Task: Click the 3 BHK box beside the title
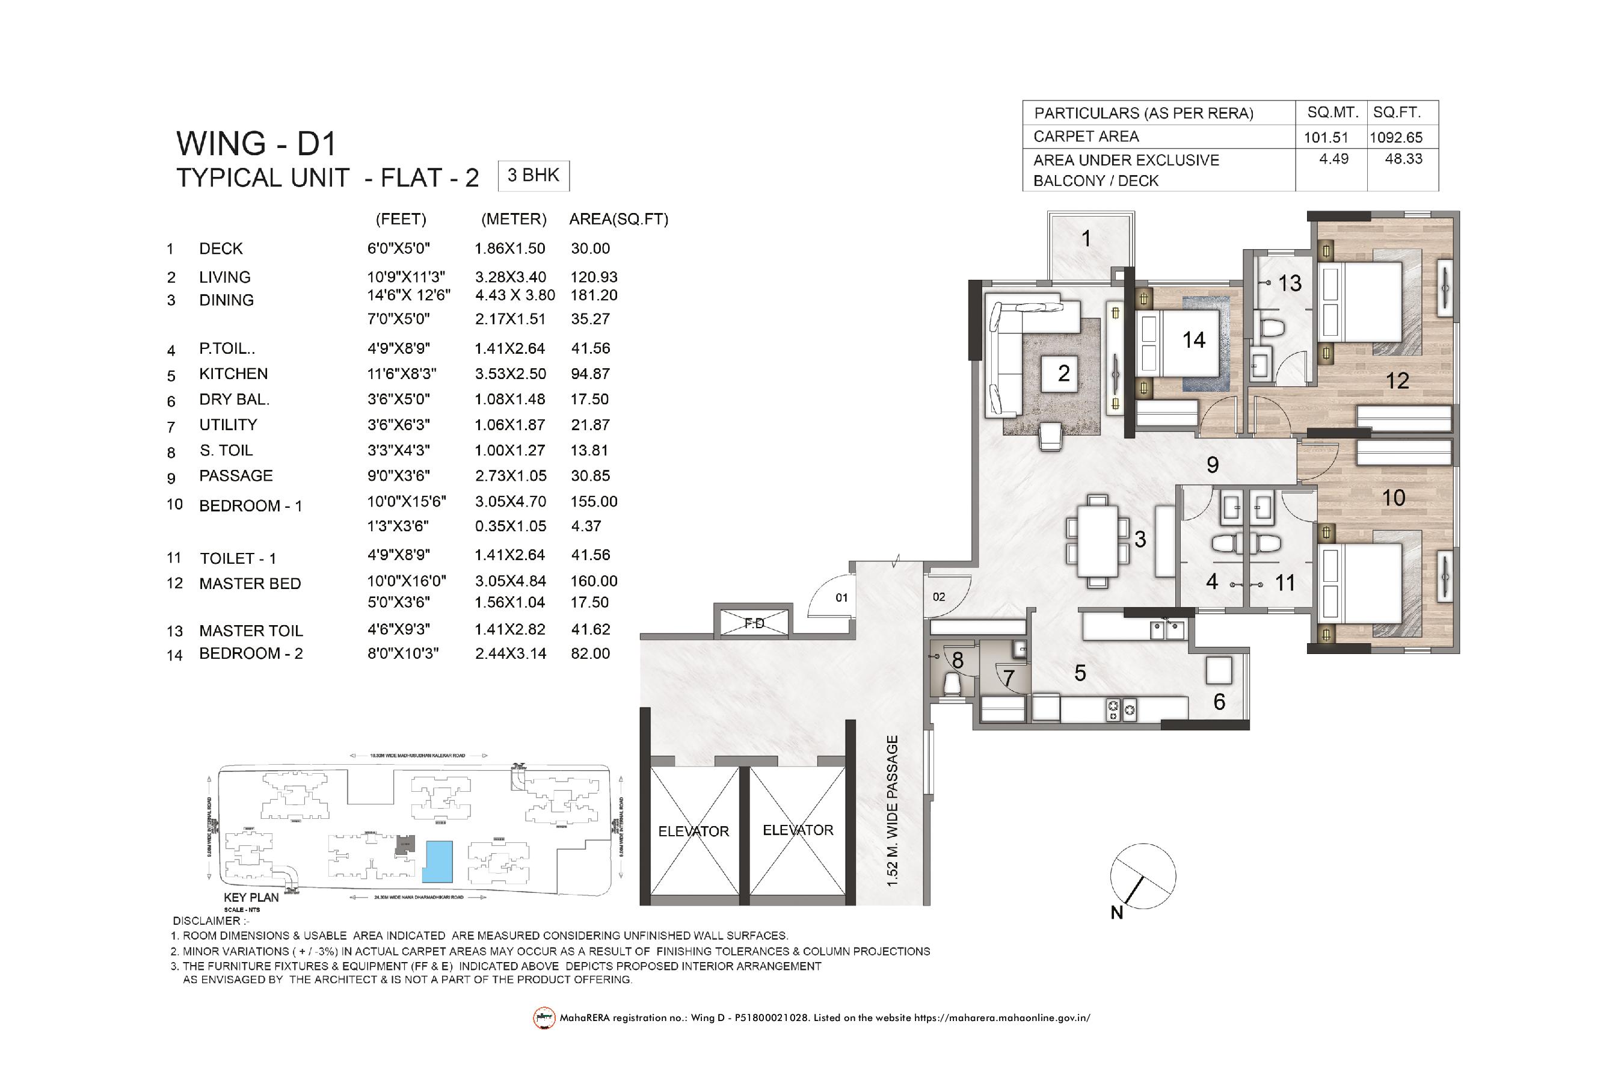point(533,176)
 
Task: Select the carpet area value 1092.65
point(1396,137)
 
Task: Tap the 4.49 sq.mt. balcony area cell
point(1333,159)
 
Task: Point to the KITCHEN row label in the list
point(233,374)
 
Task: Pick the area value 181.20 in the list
point(594,295)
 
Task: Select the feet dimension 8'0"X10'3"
point(402,653)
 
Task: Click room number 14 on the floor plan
point(1193,340)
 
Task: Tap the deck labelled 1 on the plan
point(1086,239)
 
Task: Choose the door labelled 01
point(841,597)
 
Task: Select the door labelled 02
point(939,597)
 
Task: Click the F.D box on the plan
point(755,623)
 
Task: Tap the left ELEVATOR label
point(694,832)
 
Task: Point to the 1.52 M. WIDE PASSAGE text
point(893,811)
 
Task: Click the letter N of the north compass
point(1116,913)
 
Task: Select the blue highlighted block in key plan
point(437,862)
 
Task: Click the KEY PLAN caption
point(251,897)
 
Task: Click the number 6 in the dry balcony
point(1219,702)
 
